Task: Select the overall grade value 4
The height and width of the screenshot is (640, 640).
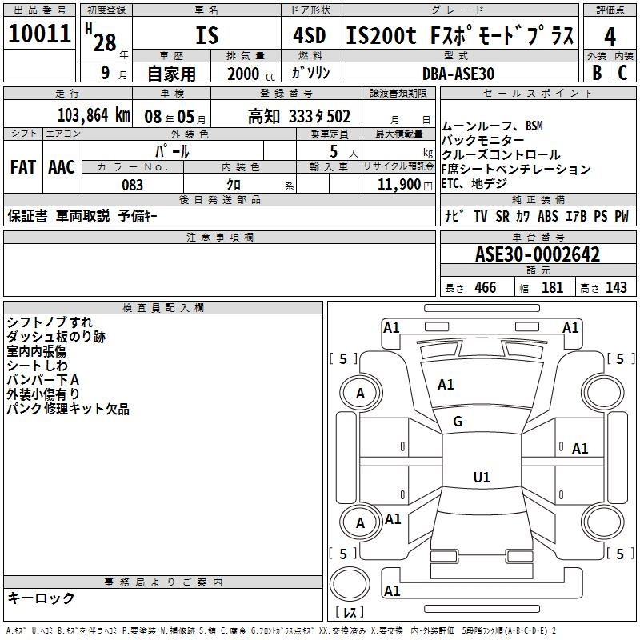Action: point(610,36)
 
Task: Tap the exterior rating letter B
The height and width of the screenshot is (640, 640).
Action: point(597,73)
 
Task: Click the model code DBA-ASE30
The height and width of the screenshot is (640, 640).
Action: point(458,73)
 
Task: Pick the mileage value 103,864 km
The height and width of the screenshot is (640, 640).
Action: point(94,115)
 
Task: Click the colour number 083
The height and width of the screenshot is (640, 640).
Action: point(132,185)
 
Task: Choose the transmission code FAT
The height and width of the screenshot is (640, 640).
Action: point(23,167)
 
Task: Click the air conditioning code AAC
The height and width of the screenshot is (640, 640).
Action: point(62,167)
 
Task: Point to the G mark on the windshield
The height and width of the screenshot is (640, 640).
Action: point(458,422)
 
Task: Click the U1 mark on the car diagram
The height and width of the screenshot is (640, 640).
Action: point(481,478)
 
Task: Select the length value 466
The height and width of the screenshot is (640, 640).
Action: point(485,288)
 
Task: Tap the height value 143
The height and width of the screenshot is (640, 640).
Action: point(616,288)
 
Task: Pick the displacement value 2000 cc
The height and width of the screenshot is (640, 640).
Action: point(246,74)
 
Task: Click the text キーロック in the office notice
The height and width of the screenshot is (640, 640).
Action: point(42,598)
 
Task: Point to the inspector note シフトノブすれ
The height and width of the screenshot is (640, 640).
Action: point(50,322)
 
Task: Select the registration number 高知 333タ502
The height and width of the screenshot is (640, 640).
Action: point(298,116)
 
